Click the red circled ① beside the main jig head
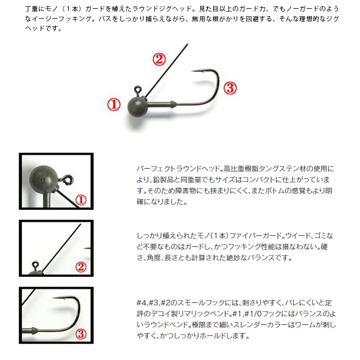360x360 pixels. pos(114,105)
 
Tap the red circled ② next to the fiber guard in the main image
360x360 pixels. pos(159,60)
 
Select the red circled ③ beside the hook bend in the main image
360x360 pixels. pos(230,88)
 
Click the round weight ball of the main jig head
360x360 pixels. pos(138,107)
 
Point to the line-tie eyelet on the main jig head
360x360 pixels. pos(138,89)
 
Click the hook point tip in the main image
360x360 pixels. pos(192,71)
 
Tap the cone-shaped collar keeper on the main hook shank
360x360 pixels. pos(173,104)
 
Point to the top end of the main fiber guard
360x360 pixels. pos(187,44)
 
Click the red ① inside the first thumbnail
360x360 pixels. pos(81,200)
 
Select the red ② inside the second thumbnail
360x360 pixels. pos(81,267)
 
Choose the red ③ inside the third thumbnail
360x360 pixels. pos(81,334)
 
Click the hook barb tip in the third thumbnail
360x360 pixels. pos(54,298)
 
